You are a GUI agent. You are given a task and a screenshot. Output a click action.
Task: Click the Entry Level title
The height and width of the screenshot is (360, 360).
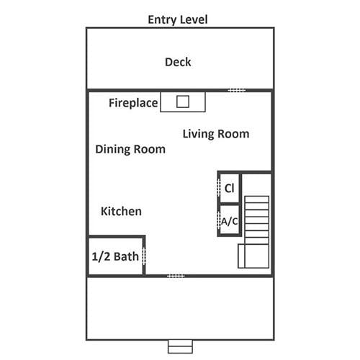coord(178,19)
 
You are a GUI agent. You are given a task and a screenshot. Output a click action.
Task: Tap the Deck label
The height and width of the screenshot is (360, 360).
coord(178,62)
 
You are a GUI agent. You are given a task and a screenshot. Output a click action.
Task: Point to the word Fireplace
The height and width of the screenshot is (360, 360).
coord(133,103)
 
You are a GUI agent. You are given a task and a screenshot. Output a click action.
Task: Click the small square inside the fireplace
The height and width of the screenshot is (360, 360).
coord(183,102)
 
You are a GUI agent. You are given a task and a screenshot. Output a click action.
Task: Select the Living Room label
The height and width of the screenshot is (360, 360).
coord(216,134)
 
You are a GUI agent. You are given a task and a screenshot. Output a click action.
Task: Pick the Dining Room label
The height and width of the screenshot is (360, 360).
coord(130,149)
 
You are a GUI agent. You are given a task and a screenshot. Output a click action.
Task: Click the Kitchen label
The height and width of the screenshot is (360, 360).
coord(121,212)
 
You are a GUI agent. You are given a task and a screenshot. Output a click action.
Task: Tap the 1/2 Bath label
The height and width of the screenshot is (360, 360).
coord(115,256)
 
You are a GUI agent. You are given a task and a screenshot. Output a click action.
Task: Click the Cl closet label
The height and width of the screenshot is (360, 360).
coord(229,188)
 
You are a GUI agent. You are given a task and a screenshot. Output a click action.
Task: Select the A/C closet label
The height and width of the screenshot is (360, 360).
coord(230,221)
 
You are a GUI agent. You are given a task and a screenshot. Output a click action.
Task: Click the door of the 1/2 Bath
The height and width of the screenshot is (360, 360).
coord(144,256)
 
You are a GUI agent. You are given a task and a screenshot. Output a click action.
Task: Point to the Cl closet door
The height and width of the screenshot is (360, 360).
coord(219,188)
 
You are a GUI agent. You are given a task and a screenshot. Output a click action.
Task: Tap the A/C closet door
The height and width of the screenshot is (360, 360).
coord(219,220)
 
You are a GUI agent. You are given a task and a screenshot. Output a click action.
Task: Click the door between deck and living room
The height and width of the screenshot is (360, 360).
coord(237,91)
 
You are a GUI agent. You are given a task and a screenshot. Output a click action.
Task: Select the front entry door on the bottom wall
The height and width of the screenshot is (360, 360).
coord(176,276)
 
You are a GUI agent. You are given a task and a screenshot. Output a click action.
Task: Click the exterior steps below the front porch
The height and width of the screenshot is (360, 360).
coord(180,346)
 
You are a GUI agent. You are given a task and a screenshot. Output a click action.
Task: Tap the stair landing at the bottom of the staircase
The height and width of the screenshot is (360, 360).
coord(253,256)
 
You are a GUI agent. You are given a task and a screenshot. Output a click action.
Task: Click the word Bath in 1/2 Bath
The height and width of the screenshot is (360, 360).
coord(126,256)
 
